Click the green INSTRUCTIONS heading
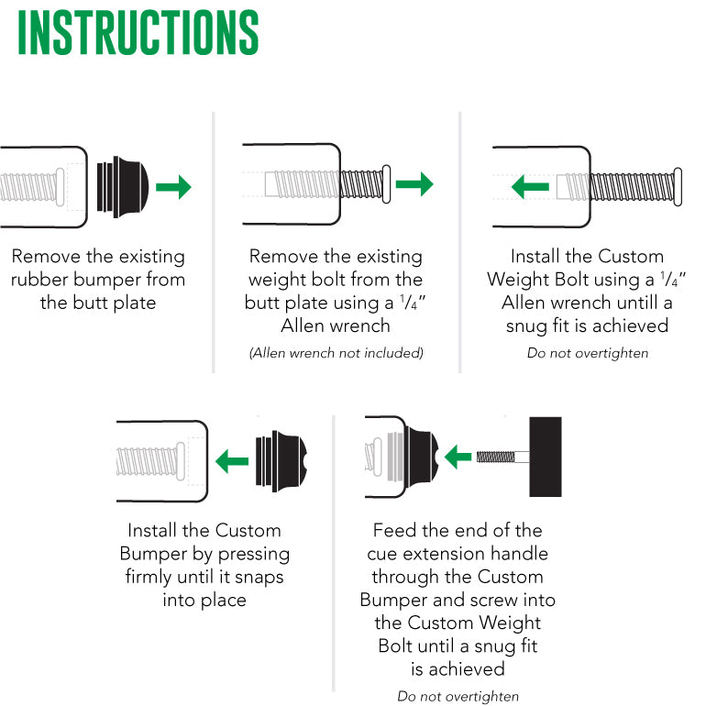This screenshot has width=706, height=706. click(138, 32)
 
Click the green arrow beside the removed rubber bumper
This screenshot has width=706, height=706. click(174, 186)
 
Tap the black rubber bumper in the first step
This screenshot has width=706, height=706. click(123, 187)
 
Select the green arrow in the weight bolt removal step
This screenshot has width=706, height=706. click(414, 183)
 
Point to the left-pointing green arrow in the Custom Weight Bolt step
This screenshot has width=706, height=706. click(530, 186)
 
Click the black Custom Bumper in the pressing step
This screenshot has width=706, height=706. click(281, 461)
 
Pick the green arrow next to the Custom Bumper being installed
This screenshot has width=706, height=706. click(232, 461)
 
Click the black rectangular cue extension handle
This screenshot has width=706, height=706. click(546, 457)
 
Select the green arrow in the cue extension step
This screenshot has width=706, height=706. click(458, 457)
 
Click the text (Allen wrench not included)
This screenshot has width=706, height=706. click(336, 353)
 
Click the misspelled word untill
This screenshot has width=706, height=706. click(637, 303)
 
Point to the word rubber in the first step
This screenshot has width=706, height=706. click(39, 279)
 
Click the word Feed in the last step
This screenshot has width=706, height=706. click(395, 530)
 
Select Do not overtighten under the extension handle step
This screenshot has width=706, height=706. click(458, 696)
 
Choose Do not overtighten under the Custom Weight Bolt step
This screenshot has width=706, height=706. click(588, 353)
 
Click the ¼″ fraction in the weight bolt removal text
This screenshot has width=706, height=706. click(413, 302)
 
